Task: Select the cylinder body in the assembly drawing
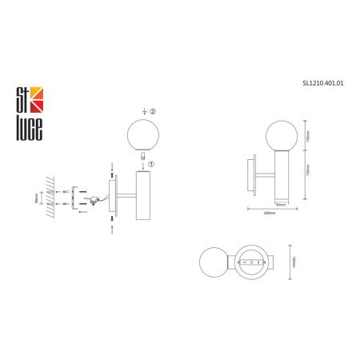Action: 144,196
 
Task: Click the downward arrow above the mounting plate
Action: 112,167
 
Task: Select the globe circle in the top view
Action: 214,262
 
